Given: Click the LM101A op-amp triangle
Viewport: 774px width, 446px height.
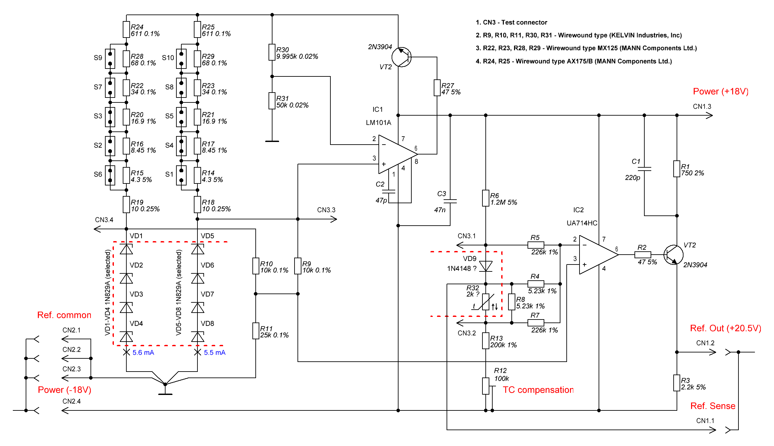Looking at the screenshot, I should coord(397,154).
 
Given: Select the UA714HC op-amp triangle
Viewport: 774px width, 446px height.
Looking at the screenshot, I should coord(597,255).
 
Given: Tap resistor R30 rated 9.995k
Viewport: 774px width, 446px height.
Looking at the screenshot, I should coord(272,52).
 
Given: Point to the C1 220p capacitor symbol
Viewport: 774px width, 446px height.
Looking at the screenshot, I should coord(644,169).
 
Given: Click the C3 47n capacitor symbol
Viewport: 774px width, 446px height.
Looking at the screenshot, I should coord(450,201).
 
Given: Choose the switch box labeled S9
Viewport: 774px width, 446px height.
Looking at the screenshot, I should coord(110,59).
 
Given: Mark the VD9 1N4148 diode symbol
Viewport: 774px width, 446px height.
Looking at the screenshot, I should coord(486,266).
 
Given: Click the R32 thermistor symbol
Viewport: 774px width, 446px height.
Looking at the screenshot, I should coord(486,302).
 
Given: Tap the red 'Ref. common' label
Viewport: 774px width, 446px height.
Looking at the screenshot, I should coord(64,315).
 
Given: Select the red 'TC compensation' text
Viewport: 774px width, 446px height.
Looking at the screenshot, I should coord(538,390).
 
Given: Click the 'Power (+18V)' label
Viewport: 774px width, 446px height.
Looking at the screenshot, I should coord(721,92).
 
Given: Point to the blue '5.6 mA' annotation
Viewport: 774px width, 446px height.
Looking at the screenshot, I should coord(143,353).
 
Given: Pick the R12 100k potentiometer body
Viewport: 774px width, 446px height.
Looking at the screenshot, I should coord(486,386).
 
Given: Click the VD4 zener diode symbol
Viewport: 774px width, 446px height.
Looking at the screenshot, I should coord(126,337).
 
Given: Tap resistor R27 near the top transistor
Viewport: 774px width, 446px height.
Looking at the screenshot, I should coord(437,88).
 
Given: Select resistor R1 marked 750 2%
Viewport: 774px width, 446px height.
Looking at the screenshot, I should coord(677,169).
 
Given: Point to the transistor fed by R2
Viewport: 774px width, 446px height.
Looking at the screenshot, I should coord(673,255).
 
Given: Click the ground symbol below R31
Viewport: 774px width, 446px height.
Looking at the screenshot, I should coord(272,141).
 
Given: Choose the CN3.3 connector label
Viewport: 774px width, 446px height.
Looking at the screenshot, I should coord(326,210).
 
